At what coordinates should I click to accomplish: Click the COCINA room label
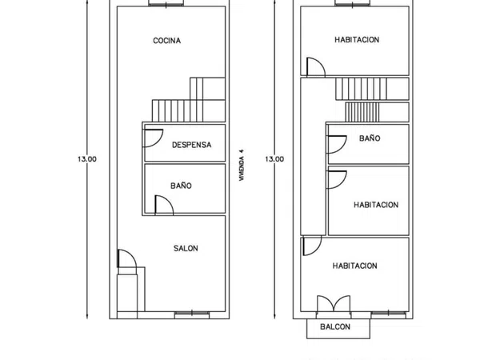coord(167,41)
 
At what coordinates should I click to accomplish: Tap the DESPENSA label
coord(192,145)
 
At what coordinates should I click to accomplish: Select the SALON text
coord(186,248)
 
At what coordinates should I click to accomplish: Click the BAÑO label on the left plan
coord(182,186)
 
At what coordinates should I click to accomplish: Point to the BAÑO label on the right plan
coord(370,138)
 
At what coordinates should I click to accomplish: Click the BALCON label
coord(335,326)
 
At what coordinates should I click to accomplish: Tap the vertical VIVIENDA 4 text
coord(242,165)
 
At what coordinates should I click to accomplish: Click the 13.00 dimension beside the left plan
coord(87,159)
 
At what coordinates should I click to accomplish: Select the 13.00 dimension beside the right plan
coord(274,159)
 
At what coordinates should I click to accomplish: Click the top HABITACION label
coord(357,40)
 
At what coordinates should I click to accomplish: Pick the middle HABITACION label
coord(376,205)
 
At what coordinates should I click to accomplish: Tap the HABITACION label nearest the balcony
coord(355,266)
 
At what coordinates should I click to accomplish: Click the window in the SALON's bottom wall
coord(192,314)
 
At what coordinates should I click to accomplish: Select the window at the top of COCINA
coord(166,3)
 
